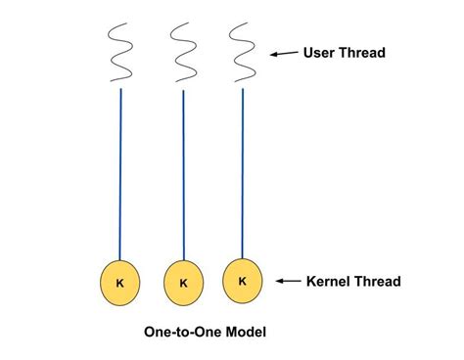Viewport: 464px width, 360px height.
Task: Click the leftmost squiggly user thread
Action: pos(121,51)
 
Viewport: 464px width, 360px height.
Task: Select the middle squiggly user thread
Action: pos(182,51)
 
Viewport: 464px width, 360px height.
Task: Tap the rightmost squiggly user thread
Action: pos(241,51)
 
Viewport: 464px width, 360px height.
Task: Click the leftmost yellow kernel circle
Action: pos(120,283)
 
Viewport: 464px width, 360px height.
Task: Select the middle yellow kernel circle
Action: pos(183,284)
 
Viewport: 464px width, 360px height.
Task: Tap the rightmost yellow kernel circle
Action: pos(242,281)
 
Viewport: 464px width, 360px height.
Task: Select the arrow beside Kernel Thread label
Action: pos(287,282)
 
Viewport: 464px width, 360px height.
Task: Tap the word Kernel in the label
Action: pos(329,282)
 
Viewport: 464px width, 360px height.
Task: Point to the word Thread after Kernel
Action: pos(379,282)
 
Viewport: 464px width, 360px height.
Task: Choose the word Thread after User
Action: pos(364,53)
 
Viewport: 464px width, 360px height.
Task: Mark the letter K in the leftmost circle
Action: pos(120,283)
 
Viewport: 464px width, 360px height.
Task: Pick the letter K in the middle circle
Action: pos(183,284)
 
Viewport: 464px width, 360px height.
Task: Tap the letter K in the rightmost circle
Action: pos(242,281)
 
